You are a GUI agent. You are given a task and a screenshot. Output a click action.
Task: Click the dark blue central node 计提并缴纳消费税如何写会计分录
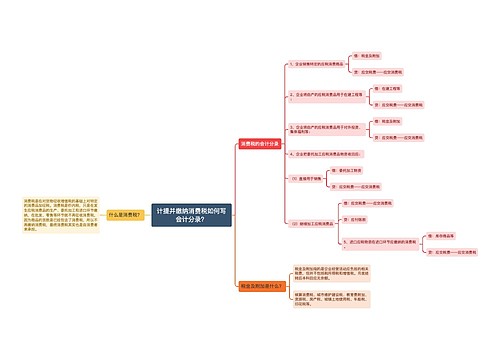(192, 214)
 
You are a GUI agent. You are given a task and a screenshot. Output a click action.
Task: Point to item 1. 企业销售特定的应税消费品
(320, 63)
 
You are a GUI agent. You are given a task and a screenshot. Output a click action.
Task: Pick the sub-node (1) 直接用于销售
(307, 177)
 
